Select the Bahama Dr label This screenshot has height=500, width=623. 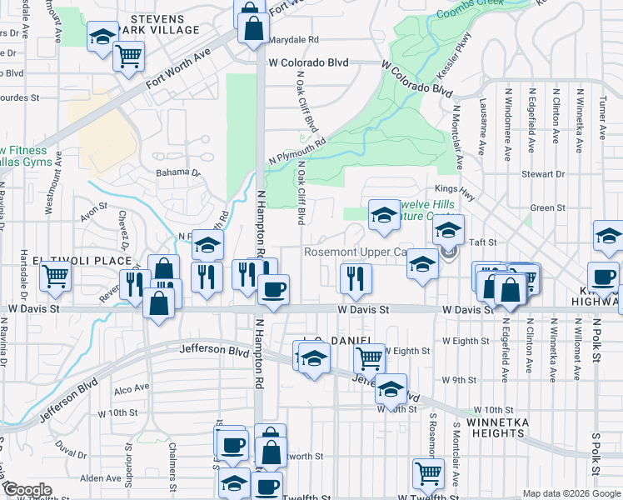178,173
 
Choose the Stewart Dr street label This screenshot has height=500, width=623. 543,174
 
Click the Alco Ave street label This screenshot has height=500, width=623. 131,387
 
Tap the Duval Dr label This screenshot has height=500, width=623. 72,455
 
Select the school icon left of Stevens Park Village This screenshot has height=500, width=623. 102,37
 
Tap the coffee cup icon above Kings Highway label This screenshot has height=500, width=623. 602,276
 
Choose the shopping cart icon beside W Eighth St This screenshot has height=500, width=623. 369,358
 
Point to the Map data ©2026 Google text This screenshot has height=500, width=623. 571,493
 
